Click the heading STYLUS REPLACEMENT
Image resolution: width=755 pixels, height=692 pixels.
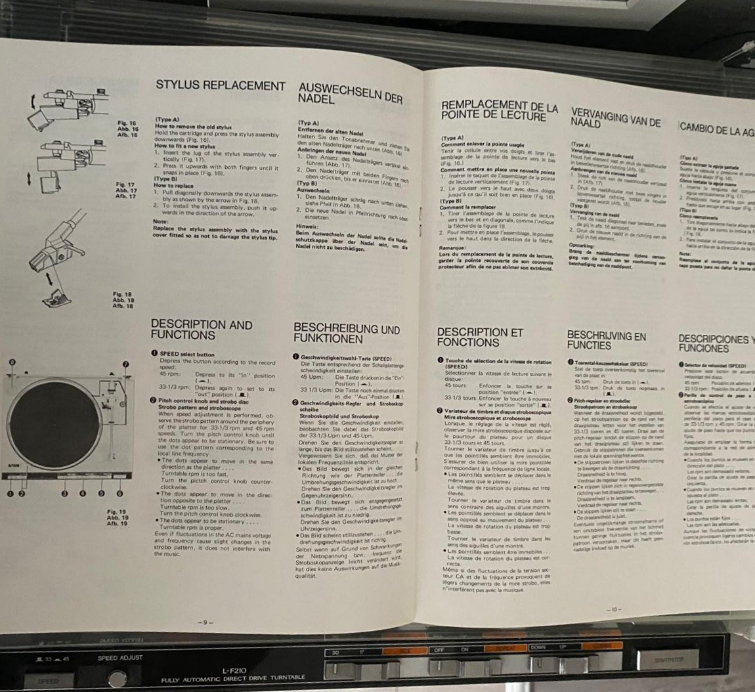pos(220,86)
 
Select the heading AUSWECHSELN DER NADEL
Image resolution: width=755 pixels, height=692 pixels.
pos(349,93)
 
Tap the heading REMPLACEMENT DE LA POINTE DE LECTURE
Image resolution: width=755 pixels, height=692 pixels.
pos(499,111)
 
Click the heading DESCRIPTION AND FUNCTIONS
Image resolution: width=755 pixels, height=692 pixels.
pos(202,329)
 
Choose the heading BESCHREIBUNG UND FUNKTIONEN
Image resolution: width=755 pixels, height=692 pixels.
pos(346,333)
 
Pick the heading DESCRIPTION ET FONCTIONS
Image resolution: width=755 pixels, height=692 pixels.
pos(480,337)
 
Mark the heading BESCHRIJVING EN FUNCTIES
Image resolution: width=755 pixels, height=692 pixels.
pos(606,339)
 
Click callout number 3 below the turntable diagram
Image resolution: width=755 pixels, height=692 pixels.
pos(64,492)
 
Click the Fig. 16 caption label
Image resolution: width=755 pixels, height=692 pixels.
pos(127,123)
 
